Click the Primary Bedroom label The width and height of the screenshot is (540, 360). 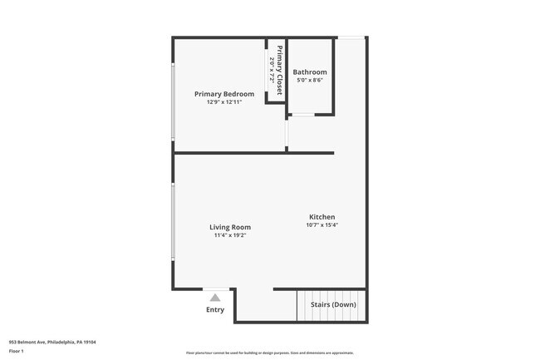click(224, 94)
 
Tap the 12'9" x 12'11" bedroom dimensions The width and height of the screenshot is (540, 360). click(224, 102)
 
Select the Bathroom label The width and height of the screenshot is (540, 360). click(310, 72)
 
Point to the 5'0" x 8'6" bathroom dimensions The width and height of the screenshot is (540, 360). click(310, 81)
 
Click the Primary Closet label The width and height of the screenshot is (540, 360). click(280, 70)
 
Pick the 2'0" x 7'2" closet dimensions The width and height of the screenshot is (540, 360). click(272, 70)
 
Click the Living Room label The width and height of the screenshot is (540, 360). click(230, 227)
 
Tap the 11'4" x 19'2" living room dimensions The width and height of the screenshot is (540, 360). click(230, 235)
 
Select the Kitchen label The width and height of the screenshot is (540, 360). click(322, 216)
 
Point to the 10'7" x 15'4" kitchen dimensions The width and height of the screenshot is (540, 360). click(322, 224)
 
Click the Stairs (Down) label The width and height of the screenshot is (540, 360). click(333, 305)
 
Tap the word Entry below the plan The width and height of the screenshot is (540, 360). click(215, 310)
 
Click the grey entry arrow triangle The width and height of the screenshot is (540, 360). click(215, 297)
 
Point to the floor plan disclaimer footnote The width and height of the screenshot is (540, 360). click(270, 353)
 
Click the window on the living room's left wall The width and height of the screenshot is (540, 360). click(173, 220)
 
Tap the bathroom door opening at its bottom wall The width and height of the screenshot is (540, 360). click(302, 115)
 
